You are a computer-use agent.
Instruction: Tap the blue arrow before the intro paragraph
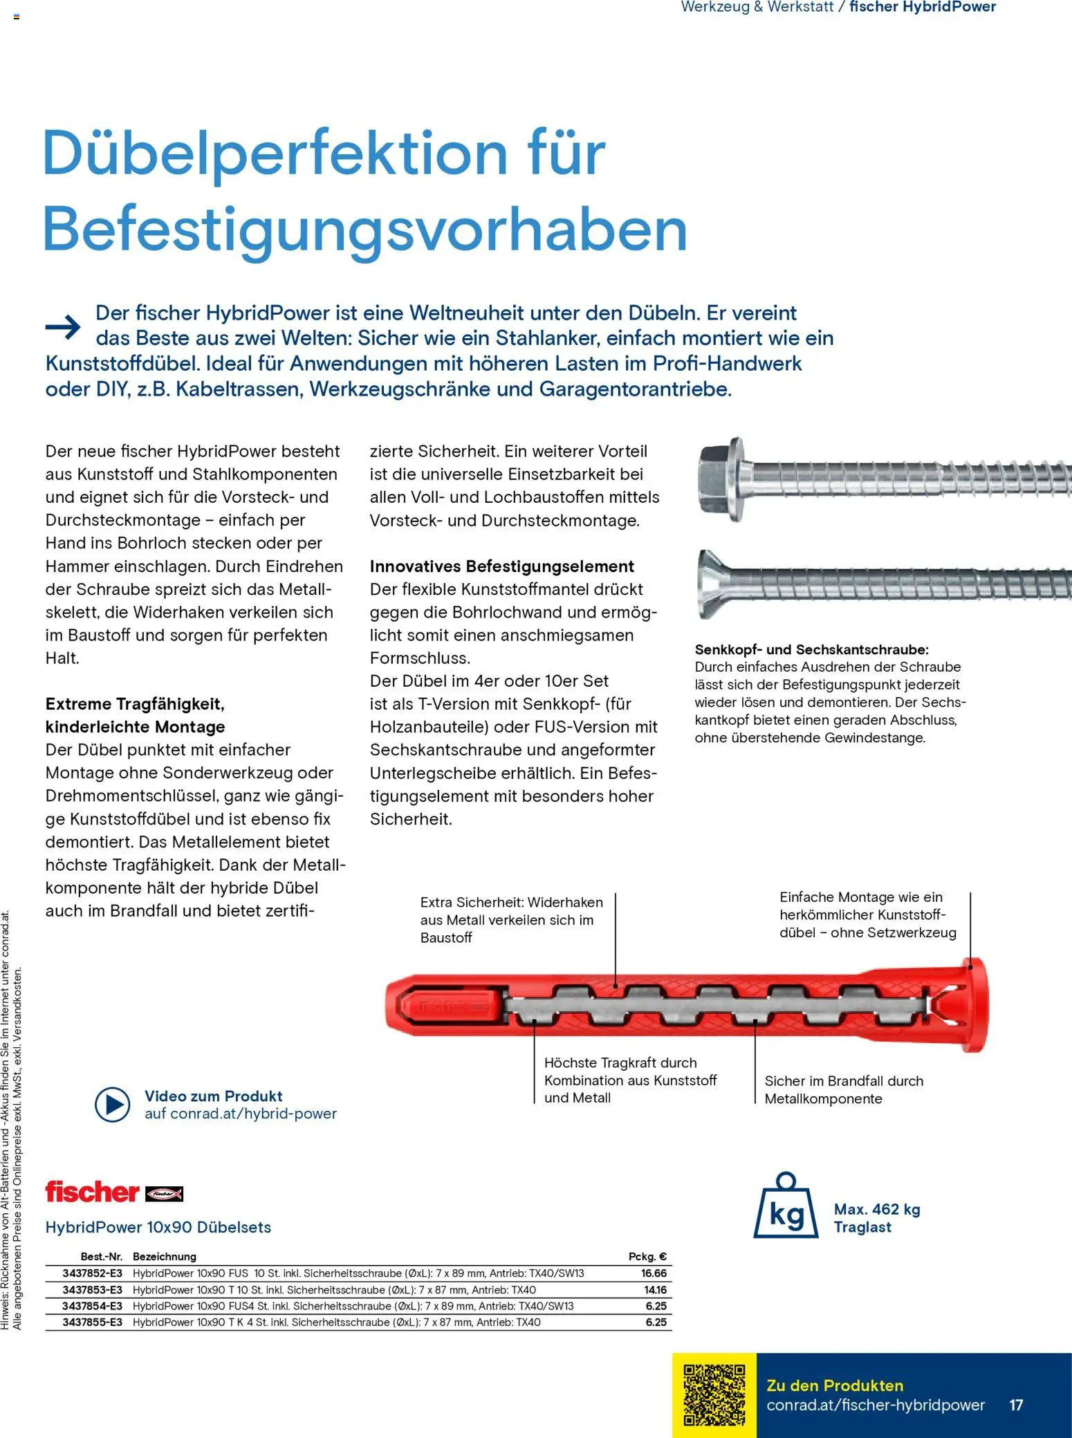(63, 326)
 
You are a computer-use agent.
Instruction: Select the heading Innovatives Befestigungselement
(501, 566)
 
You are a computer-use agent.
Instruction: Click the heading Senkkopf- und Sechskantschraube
(811, 649)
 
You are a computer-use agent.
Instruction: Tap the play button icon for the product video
(112, 1105)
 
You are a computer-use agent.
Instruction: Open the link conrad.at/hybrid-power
(240, 1114)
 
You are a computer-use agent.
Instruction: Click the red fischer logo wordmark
(92, 1192)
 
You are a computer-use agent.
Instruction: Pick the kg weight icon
(786, 1206)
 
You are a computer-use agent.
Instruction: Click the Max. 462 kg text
(876, 1209)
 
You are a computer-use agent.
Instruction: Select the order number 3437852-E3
(92, 1273)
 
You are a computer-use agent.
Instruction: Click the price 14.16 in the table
(655, 1290)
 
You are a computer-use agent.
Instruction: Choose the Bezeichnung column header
(165, 1257)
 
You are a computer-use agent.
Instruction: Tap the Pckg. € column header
(647, 1257)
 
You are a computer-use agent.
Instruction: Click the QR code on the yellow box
(714, 1394)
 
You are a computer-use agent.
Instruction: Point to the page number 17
(1016, 1405)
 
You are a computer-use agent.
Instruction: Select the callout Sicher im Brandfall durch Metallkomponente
(843, 1089)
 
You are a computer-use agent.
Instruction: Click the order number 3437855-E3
(92, 1322)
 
